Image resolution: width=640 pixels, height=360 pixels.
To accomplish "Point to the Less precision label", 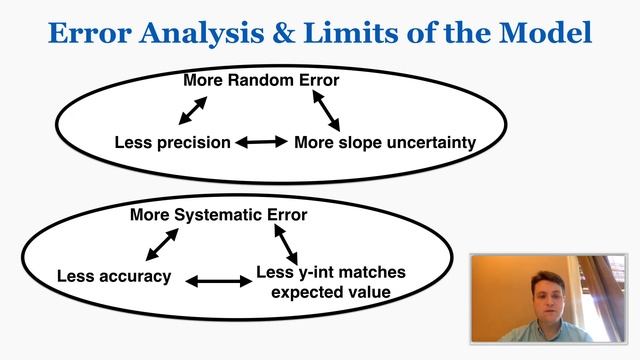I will (x=173, y=143).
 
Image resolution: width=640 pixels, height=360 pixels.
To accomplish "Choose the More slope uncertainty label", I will (x=385, y=143).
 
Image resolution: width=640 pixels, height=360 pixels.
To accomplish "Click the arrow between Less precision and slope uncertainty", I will (x=261, y=143).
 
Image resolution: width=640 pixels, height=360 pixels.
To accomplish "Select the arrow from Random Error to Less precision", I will (x=194, y=110).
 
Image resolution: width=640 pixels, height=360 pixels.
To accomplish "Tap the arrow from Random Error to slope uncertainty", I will (x=327, y=110).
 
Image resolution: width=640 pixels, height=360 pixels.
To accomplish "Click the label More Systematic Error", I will (x=219, y=214).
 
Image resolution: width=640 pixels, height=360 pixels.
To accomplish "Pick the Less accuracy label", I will (x=114, y=276).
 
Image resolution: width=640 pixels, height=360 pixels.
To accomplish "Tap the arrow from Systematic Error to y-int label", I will (x=285, y=242).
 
